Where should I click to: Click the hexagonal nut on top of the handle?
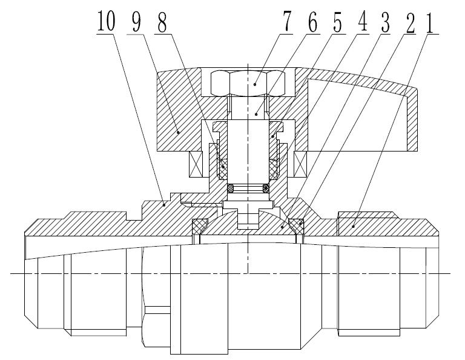click(255, 84)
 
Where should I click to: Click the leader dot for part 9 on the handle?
click(179, 131)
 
